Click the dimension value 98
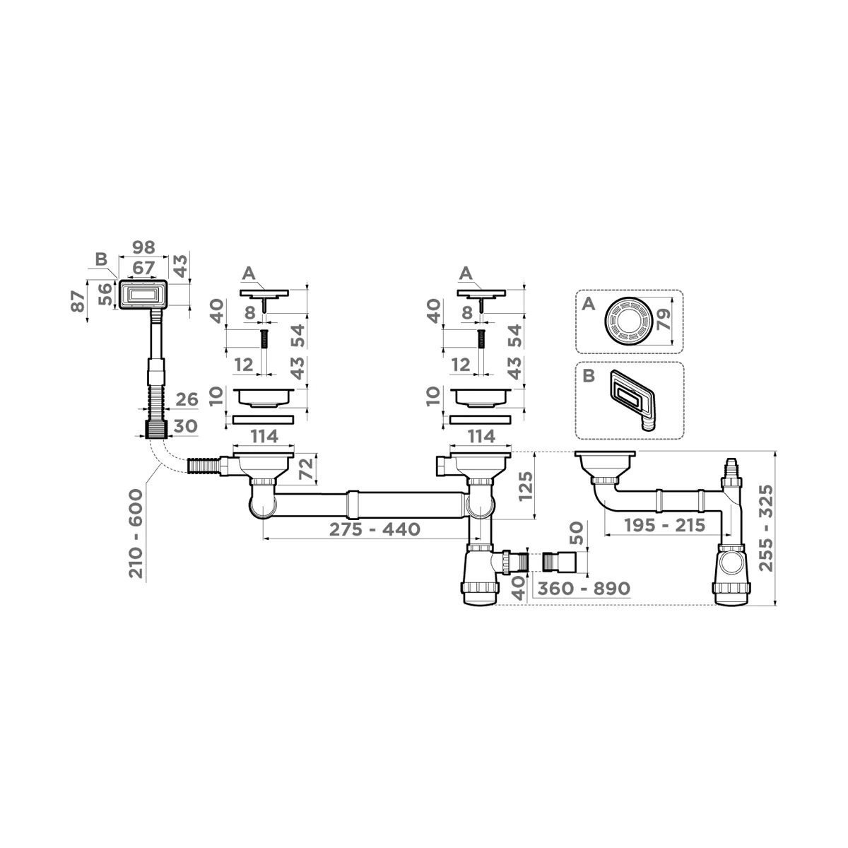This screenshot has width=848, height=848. [x=144, y=249]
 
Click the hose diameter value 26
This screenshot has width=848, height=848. [x=187, y=400]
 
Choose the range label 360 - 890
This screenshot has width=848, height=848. [x=582, y=588]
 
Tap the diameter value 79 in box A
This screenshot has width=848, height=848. [x=662, y=321]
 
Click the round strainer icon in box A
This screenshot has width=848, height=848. [x=626, y=322]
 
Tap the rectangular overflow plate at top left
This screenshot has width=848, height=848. [x=143, y=293]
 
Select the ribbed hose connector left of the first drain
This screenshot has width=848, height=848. [x=204, y=466]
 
